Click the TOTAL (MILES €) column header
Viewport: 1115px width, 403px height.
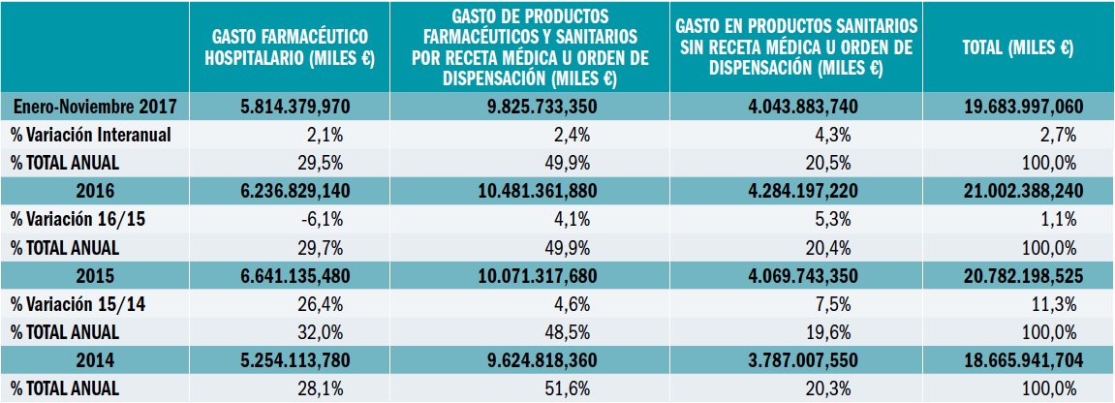(1016, 47)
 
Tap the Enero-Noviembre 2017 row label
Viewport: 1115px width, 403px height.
(95, 106)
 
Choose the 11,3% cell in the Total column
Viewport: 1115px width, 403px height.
(1057, 304)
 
